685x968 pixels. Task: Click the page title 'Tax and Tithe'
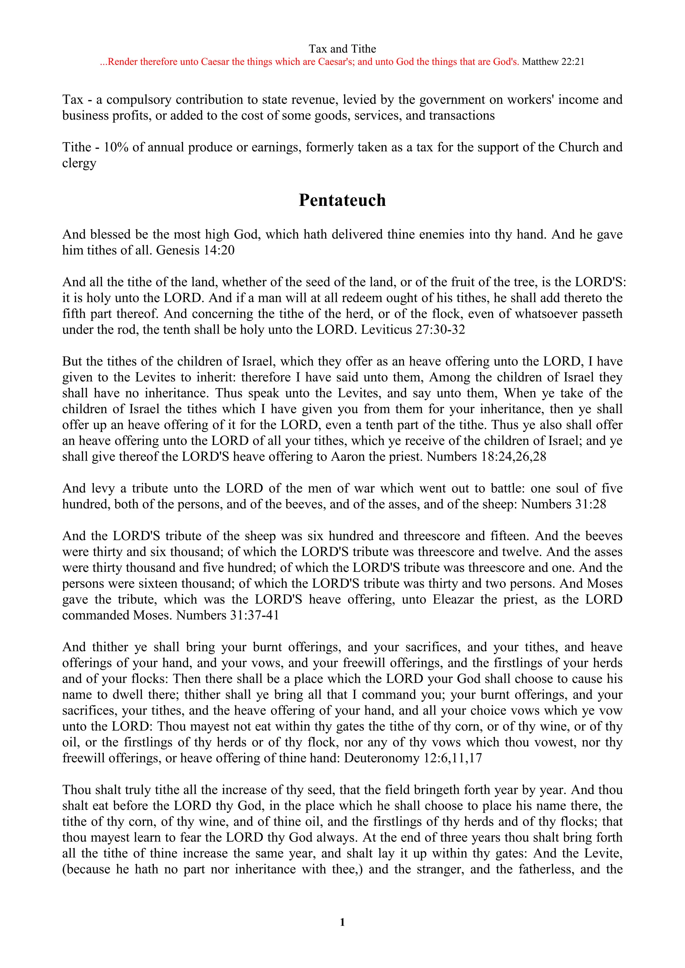342,49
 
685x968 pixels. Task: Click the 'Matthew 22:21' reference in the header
553,62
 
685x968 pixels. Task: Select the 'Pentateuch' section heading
342,200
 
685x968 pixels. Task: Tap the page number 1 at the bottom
342,923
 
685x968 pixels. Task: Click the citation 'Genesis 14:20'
195,250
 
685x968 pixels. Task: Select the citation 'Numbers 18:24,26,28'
486,457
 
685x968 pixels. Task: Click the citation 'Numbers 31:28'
564,504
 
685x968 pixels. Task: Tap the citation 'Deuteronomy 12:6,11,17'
413,758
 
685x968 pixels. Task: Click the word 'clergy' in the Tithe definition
79,163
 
